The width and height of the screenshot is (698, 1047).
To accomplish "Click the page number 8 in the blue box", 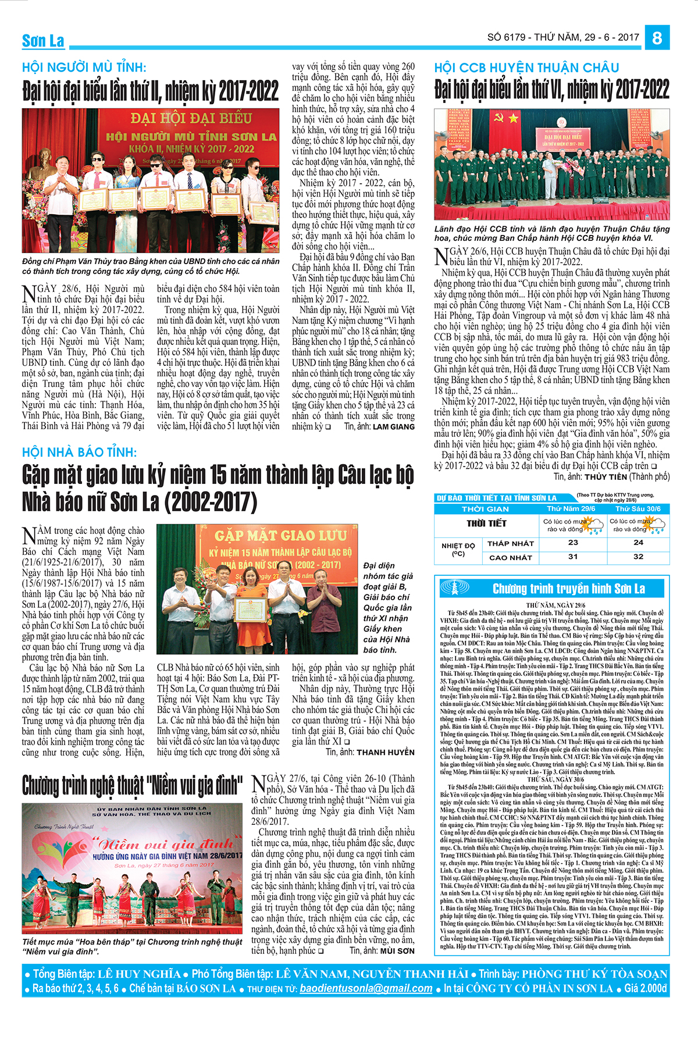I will pyautogui.click(x=657, y=38).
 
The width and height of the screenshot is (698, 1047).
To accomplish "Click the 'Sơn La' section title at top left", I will pyautogui.click(x=43, y=41).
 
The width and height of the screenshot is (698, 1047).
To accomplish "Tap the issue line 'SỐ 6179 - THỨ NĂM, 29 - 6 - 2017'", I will pyautogui.click(x=563, y=37).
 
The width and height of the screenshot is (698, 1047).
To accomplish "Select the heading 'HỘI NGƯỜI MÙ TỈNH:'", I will pyautogui.click(x=84, y=67).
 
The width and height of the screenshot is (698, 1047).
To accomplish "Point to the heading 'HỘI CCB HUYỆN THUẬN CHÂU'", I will pyautogui.click(x=526, y=67).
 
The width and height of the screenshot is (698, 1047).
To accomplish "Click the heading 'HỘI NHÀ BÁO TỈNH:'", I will pyautogui.click(x=80, y=452).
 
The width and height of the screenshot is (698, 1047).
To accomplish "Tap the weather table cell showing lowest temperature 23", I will pyautogui.click(x=573, y=543).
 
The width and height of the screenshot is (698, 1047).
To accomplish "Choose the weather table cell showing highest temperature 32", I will pyautogui.click(x=638, y=557).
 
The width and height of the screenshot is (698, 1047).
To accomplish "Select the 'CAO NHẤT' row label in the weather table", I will pyautogui.click(x=510, y=557).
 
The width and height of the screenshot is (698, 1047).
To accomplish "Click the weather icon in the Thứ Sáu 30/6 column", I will pyautogui.click(x=656, y=526).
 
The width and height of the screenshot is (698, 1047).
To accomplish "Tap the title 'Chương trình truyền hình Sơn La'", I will pyautogui.click(x=568, y=589).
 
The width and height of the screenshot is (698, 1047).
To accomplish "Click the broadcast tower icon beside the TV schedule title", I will pyautogui.click(x=454, y=588).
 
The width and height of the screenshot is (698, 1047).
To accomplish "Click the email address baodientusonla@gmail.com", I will pyautogui.click(x=366, y=988).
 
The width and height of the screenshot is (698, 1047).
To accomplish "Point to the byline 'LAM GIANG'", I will pyautogui.click(x=394, y=427).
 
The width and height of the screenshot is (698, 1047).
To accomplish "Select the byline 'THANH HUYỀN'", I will pyautogui.click(x=385, y=752).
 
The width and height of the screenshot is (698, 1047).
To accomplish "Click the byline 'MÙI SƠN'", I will pyautogui.click(x=397, y=951).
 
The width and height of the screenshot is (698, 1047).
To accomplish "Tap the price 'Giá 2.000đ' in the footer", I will pyautogui.click(x=645, y=988).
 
